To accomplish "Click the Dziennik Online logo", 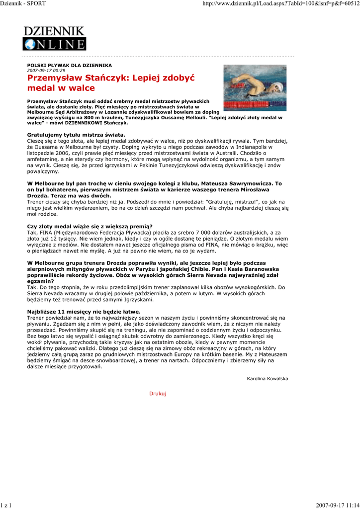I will (x=54, y=38).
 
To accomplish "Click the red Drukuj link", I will (x=158, y=393).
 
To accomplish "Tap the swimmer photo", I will (x=255, y=87).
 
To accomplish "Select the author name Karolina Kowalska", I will (x=267, y=378).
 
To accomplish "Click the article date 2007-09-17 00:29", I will (x=46, y=71).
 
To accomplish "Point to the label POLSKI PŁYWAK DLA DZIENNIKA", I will (x=69, y=65).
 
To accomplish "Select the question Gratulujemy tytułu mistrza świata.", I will (x=76, y=135).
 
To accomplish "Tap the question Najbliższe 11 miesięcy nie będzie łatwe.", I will (x=84, y=311).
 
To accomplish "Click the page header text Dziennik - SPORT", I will (x=23, y=3).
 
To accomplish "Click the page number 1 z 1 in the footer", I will (x=6, y=505).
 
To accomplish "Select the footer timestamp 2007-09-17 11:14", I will (x=337, y=505).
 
